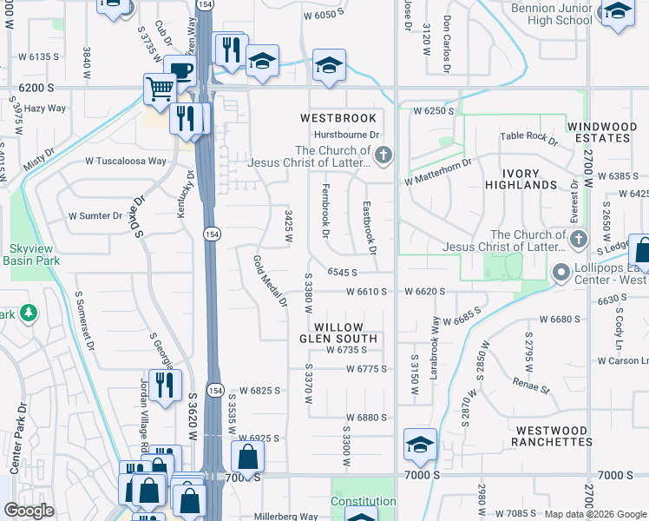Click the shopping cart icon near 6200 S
(160, 88)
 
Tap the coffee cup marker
(181, 70)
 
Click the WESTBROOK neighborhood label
(338, 118)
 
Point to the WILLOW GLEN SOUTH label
(338, 333)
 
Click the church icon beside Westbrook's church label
(384, 156)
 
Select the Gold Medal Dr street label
(270, 280)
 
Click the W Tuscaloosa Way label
(125, 162)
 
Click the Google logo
(29, 510)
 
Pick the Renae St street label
(530, 385)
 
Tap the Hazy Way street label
(45, 109)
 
